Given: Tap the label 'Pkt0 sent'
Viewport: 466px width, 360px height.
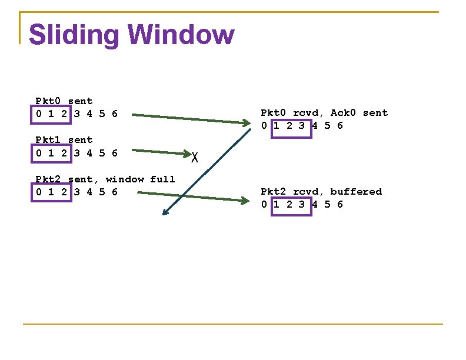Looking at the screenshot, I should [x=64, y=101].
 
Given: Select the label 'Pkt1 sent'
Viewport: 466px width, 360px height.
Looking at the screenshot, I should [x=64, y=140].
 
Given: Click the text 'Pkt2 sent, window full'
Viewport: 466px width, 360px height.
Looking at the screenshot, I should [x=105, y=179].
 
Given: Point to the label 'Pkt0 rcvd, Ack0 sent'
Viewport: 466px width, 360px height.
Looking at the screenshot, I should [x=324, y=113].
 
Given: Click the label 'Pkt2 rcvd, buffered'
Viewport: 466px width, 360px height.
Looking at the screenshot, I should [x=321, y=192].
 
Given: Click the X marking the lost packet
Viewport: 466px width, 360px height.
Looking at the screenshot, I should [x=195, y=157].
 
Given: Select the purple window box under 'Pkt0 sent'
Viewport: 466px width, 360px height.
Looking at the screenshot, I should [x=51, y=114].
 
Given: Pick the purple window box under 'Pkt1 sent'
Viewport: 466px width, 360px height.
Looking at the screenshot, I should [x=51, y=153].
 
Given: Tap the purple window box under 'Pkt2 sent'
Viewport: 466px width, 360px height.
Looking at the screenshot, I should [x=51, y=192].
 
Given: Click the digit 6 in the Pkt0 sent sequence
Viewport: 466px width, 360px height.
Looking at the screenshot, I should [x=114, y=114].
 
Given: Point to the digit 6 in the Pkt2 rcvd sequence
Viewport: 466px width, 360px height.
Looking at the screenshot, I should [x=339, y=204].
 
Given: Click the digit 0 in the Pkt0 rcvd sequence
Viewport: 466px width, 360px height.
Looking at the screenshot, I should [x=265, y=125].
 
